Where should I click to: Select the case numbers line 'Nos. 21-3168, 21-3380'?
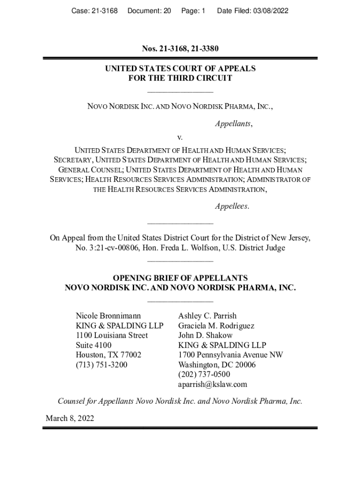[180, 49]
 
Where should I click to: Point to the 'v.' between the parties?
[180, 138]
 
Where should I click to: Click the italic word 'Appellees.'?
[232, 206]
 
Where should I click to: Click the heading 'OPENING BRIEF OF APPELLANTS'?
[180, 278]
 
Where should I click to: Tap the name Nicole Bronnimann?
[108, 316]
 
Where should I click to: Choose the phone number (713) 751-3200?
[101, 364]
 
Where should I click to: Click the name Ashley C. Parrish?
[207, 316]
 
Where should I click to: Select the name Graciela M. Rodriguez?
[216, 326]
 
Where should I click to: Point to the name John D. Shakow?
[205, 335]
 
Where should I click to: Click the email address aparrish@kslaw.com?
[212, 385]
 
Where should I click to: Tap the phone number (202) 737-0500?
[204, 374]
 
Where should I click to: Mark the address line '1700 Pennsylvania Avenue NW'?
[230, 355]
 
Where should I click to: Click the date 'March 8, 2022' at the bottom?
[70, 418]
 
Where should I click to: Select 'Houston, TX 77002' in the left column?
[108, 355]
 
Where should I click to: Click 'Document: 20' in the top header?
[149, 10]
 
